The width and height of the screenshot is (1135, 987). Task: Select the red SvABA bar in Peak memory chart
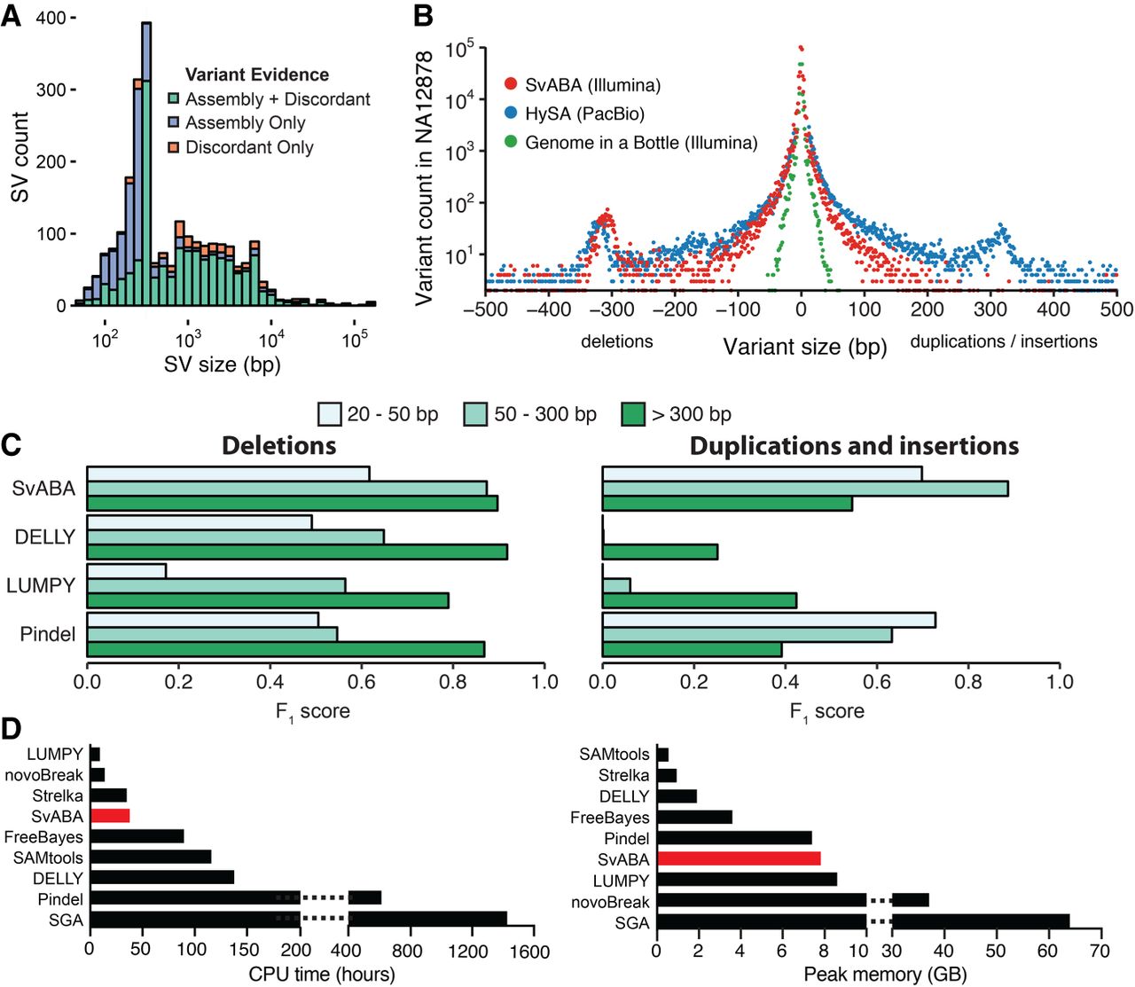tap(739, 858)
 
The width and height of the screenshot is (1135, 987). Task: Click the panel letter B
tap(423, 16)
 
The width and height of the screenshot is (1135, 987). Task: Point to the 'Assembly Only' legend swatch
tap(175, 123)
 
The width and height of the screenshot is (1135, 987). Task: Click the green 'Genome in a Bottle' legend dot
tap(511, 142)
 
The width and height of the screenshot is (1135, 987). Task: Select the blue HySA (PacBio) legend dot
tap(511, 114)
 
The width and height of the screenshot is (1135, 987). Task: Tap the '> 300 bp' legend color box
tap(633, 414)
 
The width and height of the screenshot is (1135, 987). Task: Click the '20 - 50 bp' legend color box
tap(330, 414)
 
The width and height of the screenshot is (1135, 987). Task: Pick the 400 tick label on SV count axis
tap(51, 18)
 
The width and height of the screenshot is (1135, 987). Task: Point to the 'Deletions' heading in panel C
tap(279, 445)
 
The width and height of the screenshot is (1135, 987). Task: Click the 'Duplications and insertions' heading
tap(854, 445)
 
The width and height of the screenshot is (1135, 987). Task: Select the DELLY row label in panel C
tap(45, 537)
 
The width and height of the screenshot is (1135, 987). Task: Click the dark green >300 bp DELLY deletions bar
tap(297, 552)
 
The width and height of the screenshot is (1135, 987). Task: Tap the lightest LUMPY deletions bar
tap(127, 570)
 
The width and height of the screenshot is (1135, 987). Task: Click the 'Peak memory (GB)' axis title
tap(885, 974)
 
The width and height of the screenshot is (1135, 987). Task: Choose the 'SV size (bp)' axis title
tap(222, 364)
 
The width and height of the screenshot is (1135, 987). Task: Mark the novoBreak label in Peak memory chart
tap(610, 902)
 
